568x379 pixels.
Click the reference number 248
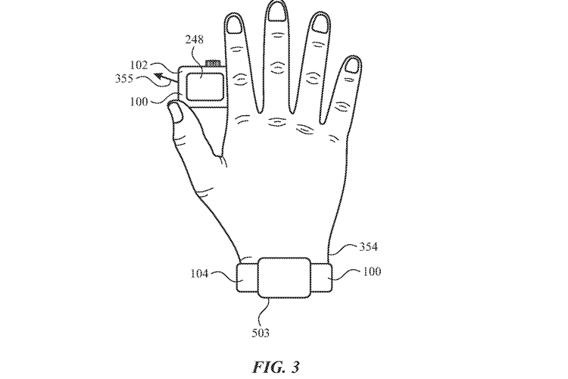tap(194, 39)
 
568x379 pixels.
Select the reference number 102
tap(139, 65)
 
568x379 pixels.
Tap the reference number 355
tap(124, 78)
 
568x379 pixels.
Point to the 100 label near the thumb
tap(139, 102)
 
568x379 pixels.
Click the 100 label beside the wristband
tap(372, 271)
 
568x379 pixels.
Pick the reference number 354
tap(368, 246)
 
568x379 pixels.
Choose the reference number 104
tap(200, 273)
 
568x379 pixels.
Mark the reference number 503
tap(261, 333)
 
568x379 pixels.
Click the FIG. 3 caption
tap(276, 367)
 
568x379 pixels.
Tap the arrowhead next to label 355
tap(159, 77)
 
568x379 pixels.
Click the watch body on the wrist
tap(284, 277)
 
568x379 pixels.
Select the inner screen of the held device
tap(204, 86)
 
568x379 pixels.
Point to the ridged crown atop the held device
tap(213, 64)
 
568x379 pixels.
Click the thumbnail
tap(176, 111)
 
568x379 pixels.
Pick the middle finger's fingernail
tap(276, 12)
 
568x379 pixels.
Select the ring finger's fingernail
tap(320, 25)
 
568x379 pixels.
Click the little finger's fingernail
tap(351, 65)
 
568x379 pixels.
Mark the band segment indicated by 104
tap(248, 278)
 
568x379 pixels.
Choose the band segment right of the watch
tap(321, 278)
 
